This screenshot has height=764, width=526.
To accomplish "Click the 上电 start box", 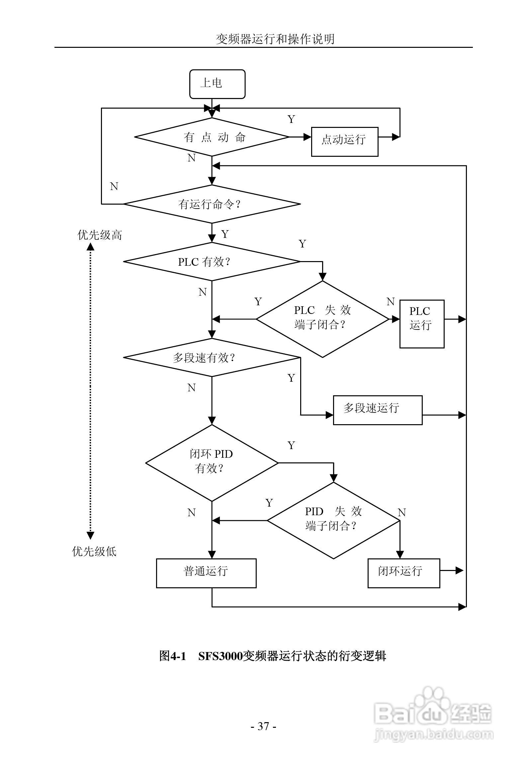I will pos(217,84).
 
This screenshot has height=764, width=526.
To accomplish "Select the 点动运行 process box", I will pos(344,142).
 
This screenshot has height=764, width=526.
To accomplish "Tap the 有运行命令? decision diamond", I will pos(212,204).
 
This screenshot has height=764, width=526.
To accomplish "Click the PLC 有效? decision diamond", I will pos(212,262).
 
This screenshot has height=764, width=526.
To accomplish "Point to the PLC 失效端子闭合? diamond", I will pos(322,319).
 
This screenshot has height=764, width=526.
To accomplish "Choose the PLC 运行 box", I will pos(421,324).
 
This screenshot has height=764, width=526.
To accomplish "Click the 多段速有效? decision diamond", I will pos(212,358).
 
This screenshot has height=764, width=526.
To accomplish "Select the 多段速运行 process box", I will pos(378,410).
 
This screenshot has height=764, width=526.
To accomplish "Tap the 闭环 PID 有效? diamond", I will pos(212,463).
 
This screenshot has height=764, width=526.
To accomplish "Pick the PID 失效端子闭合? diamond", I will pos(333,521).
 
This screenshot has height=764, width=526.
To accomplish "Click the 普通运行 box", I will pos(206,573).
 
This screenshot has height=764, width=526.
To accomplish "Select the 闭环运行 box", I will pos(403,573).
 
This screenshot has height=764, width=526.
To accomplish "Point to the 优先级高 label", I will pos(100,235).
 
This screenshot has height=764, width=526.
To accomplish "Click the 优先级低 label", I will pos(94,551).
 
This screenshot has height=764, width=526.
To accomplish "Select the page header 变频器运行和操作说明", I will pos(275,40).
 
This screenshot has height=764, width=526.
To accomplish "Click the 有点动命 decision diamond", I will pos(212,137).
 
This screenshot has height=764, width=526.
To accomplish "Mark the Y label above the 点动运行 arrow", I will pos(291,119).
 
